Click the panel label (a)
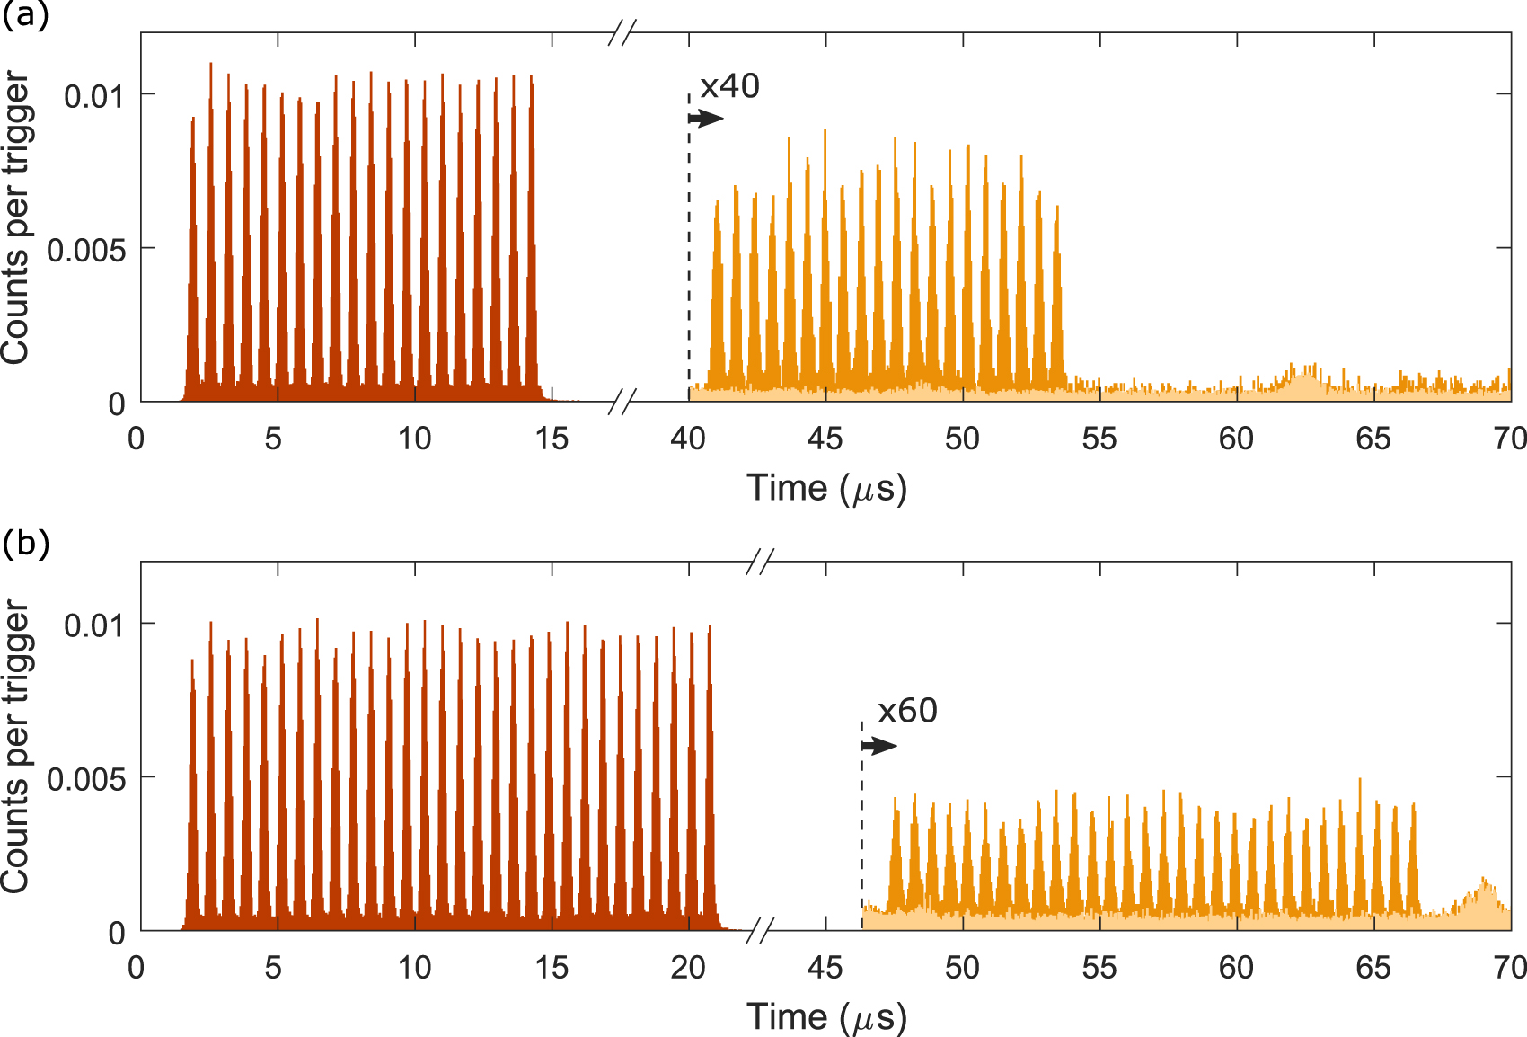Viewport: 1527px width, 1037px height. coord(25,16)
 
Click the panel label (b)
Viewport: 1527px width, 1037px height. coord(25,545)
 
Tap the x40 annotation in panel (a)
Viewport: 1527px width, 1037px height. coord(729,86)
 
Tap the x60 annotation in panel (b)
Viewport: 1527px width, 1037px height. coord(907,711)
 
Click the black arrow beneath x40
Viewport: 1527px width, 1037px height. coord(706,119)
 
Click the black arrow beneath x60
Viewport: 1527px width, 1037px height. coord(878,746)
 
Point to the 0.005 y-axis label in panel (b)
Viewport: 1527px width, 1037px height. coord(86,779)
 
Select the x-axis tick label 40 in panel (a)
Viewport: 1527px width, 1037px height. coord(688,439)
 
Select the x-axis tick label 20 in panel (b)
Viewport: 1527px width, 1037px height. coord(688,968)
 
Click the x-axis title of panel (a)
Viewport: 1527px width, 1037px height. coord(826,489)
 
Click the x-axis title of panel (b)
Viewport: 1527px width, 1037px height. coord(826,1018)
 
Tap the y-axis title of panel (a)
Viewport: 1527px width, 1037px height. coord(16,218)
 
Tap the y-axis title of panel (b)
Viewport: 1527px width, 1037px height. coord(16,748)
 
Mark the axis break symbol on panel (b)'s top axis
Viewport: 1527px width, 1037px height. coord(759,563)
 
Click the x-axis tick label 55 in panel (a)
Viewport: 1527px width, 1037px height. coord(1099,439)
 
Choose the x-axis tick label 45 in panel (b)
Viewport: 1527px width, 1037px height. coord(825,968)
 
